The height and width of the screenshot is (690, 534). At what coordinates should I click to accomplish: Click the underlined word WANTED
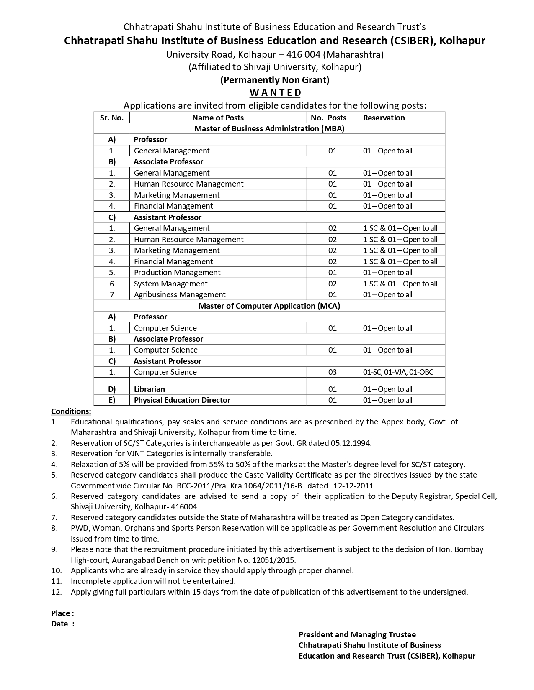click(x=275, y=92)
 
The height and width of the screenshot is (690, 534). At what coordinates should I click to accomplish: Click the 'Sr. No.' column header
click(x=112, y=118)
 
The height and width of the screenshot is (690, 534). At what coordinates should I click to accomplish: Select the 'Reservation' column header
click(x=384, y=118)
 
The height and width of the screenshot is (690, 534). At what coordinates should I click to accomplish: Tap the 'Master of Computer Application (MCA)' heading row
click(x=269, y=306)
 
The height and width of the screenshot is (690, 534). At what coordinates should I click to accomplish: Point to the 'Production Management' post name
click(x=177, y=273)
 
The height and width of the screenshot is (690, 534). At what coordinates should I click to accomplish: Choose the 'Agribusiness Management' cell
click(x=180, y=295)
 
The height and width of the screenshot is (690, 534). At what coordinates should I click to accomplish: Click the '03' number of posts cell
click(x=333, y=372)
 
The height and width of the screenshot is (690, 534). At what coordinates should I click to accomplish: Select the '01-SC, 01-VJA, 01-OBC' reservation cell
click(x=398, y=372)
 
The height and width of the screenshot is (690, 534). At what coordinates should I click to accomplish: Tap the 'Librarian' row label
click(x=149, y=389)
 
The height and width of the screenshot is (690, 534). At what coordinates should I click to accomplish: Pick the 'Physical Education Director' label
click(x=182, y=400)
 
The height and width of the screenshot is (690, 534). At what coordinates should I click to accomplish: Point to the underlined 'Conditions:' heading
click(x=71, y=411)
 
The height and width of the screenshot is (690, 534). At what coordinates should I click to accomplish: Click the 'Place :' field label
click(x=62, y=613)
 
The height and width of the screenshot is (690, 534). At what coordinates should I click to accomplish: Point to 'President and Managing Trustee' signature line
click(x=357, y=635)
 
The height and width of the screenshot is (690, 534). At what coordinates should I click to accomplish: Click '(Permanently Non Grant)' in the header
click(x=275, y=80)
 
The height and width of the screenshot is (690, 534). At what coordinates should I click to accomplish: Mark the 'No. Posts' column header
click(x=328, y=118)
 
